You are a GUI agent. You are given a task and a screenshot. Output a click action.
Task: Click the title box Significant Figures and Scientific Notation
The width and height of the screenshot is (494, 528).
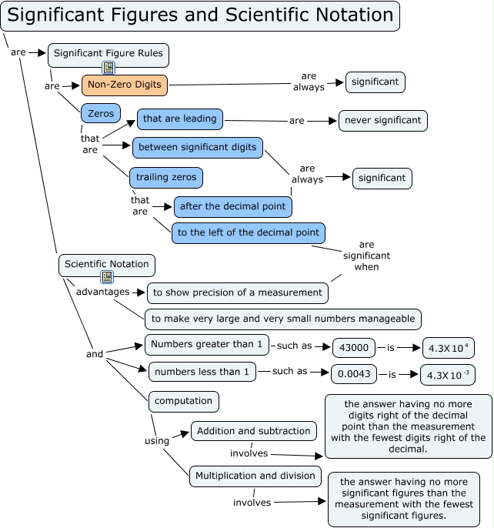click(200, 15)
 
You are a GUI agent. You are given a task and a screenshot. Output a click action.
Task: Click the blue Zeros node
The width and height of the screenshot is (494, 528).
click(101, 113)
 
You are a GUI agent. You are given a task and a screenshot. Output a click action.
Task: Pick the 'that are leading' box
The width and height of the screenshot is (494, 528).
click(180, 119)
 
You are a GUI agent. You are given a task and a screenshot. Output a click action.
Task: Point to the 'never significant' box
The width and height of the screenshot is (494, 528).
click(382, 121)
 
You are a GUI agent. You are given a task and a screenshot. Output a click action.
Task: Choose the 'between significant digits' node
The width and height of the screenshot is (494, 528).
click(198, 147)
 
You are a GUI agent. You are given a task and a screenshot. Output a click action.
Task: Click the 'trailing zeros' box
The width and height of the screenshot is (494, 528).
click(165, 178)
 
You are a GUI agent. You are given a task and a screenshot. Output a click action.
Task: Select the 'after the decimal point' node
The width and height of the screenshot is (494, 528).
click(233, 206)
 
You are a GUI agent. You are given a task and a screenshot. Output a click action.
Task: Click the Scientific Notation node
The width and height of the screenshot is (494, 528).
click(106, 265)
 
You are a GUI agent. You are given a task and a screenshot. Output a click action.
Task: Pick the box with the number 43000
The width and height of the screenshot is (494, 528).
click(354, 347)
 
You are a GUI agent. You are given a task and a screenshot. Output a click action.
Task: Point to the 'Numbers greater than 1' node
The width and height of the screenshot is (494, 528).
click(206, 344)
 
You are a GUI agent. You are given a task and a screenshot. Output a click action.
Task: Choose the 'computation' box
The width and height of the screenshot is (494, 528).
click(184, 401)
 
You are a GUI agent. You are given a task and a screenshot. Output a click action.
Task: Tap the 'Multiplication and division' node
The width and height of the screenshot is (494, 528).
click(255, 476)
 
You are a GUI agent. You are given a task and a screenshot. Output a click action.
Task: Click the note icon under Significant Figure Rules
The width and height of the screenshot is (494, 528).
click(108, 68)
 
